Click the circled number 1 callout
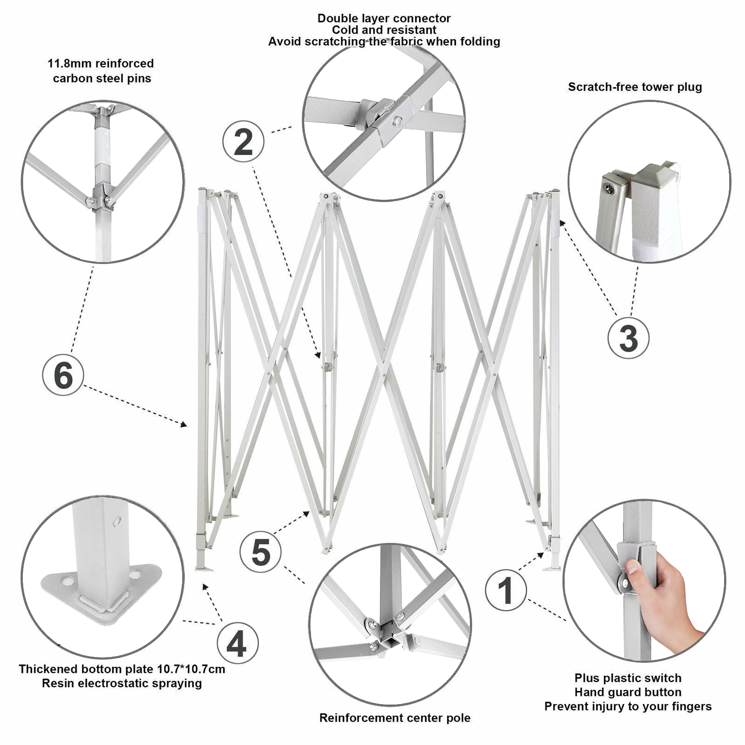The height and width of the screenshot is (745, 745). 506,590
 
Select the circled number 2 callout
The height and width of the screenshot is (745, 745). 243,142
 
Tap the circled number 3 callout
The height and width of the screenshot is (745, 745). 628,338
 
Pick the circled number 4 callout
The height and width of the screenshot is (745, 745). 237,644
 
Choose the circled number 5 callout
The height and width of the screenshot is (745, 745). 260,552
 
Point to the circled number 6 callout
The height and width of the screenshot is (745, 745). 63,375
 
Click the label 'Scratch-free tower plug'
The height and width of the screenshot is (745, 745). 635,87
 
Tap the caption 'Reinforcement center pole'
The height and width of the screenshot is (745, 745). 395,718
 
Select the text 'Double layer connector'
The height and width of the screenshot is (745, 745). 384,19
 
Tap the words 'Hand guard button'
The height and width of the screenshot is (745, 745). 628,692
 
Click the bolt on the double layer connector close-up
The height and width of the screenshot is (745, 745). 397,122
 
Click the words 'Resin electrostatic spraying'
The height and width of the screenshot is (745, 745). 122,684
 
